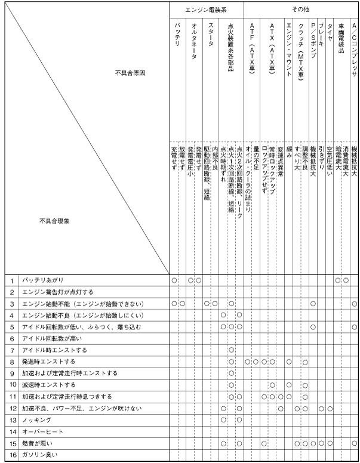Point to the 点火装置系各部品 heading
point(231,48)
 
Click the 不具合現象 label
point(54,221)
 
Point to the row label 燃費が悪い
point(39,443)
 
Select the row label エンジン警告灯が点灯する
point(58,291)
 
